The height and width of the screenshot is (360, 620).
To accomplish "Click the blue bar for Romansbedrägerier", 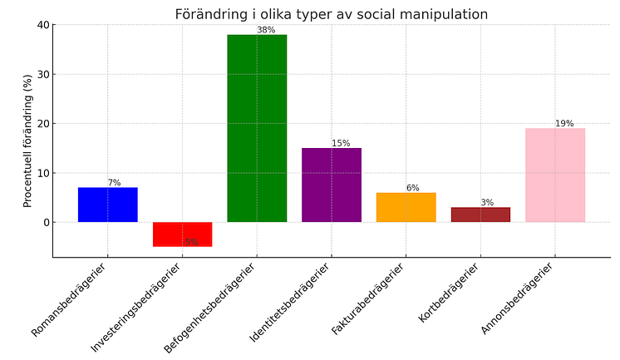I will coord(107,205).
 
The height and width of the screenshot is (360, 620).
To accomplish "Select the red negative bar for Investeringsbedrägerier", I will coord(182,234).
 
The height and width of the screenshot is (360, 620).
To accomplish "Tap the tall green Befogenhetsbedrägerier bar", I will coord(257,128).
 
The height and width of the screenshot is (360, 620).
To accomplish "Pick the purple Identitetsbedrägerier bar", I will coord(331,185).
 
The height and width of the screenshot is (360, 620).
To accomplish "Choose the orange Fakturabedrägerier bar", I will coord(406,207).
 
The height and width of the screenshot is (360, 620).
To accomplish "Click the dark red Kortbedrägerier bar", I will coord(480,215).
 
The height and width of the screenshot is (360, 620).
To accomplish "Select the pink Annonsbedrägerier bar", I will coord(555,175).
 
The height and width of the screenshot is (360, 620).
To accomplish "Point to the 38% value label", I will coord(266,30).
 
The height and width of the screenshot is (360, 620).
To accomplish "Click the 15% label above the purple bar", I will coord(341,144).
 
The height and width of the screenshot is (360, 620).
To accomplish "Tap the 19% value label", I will coord(564,124).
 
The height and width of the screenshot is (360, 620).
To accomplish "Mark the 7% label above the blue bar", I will coord(114,183).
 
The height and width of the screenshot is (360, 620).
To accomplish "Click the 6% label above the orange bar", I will coord(412,188).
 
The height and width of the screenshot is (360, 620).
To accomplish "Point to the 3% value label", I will coord(487,203).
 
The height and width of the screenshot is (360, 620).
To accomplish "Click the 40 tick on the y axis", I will coord(42,25).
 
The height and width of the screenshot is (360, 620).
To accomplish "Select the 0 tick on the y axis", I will coord(46,223).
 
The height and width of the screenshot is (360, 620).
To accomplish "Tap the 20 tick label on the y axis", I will coord(42,124).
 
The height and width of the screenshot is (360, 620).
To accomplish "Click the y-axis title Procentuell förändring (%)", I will coord(27,141).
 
